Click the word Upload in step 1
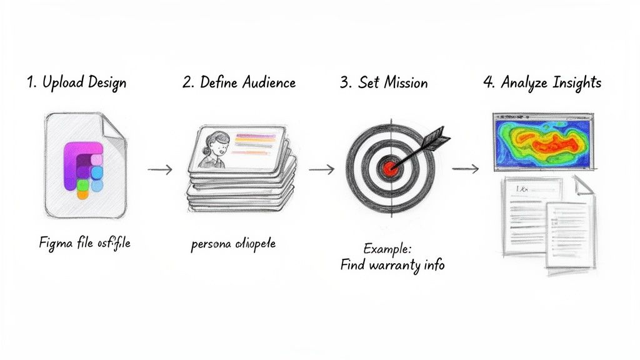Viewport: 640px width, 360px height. coord(63,83)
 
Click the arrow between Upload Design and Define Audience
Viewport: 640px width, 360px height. coord(159,169)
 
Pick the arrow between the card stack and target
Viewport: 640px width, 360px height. coord(321,169)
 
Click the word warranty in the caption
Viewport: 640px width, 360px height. coord(392,264)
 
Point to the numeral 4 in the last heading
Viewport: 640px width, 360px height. coord(489,83)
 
